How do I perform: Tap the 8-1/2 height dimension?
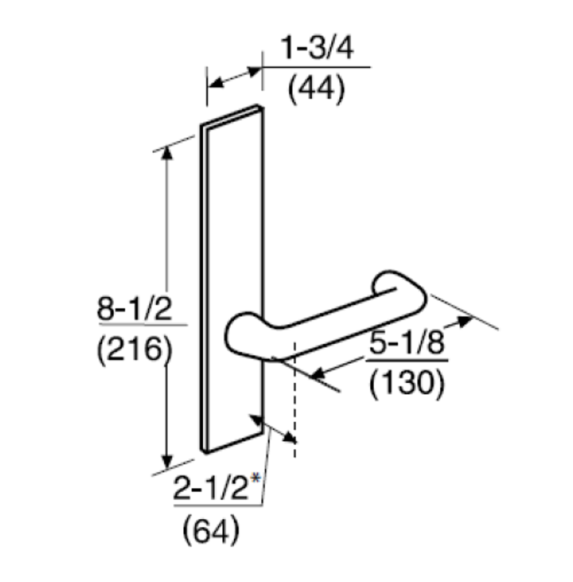coord(135,309)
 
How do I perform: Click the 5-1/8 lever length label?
coord(406,343)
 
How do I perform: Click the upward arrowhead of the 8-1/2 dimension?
coord(167,153)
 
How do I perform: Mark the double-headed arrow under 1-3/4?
coord(235,76)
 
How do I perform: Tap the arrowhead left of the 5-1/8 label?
coord(318,374)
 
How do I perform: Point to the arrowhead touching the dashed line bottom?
coord(290,438)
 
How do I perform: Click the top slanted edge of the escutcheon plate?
coord(231,115)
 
